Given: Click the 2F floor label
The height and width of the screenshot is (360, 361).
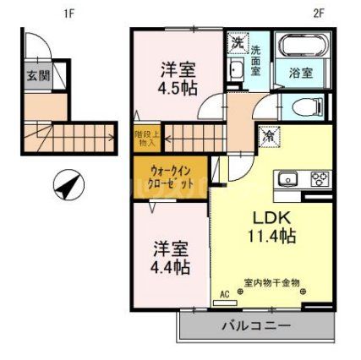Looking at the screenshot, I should (x=319, y=13).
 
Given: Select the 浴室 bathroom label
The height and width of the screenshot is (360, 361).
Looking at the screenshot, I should (x=302, y=74).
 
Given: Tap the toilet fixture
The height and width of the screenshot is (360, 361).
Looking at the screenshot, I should (x=303, y=106).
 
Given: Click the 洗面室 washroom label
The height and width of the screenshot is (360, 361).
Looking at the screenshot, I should (x=255, y=61).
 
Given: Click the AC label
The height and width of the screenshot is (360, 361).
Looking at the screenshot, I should (x=225, y=293).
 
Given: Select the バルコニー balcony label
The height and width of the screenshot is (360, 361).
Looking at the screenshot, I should (x=257, y=325).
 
